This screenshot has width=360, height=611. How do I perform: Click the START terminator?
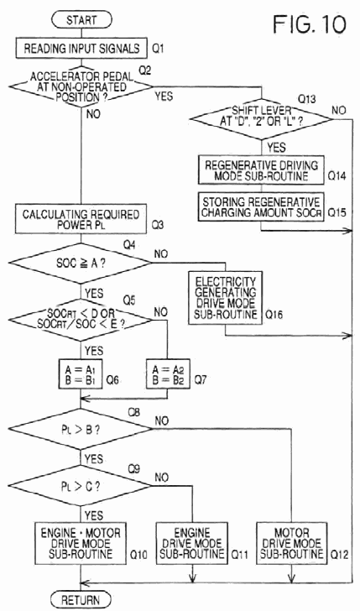(81, 20)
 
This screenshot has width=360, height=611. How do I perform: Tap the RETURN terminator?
(81, 600)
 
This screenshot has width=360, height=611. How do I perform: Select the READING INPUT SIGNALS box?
(81, 49)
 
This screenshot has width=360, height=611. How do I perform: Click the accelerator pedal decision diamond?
(81, 86)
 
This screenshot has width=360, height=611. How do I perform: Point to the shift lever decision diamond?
(262, 118)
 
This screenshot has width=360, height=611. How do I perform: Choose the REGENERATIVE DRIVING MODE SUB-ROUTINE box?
(261, 170)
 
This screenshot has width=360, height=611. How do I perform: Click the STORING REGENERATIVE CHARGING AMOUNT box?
(261, 207)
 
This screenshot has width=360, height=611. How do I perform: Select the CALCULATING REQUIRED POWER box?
(81, 219)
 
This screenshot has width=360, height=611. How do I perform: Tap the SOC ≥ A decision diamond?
(81, 263)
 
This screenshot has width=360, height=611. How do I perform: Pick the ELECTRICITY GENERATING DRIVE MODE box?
(225, 298)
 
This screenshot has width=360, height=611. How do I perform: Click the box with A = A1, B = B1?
(81, 374)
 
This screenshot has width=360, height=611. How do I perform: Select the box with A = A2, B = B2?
(168, 374)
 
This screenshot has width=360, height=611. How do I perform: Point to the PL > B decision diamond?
(81, 429)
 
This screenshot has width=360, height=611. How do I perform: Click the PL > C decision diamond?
(81, 486)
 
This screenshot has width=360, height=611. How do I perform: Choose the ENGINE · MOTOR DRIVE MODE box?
(81, 543)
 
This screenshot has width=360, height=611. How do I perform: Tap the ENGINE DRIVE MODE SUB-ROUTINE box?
(192, 543)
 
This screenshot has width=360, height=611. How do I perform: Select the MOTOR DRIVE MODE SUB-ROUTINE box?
(291, 543)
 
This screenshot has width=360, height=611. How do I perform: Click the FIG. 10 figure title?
(310, 24)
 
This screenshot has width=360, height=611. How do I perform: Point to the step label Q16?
(274, 315)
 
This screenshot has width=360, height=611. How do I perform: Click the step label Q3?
(157, 225)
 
